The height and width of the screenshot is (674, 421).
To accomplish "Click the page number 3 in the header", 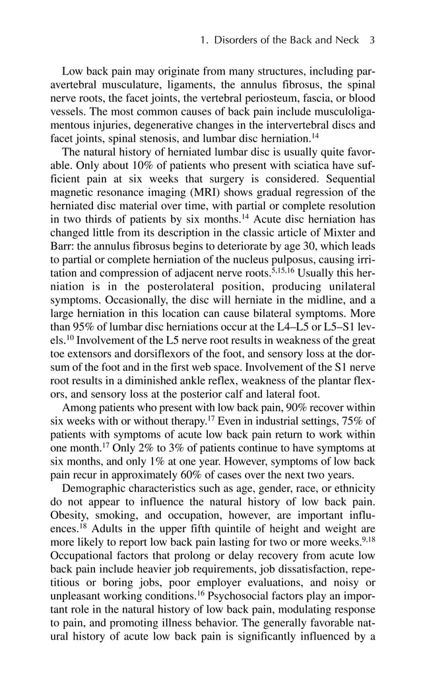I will pyautogui.click(x=372, y=40).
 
